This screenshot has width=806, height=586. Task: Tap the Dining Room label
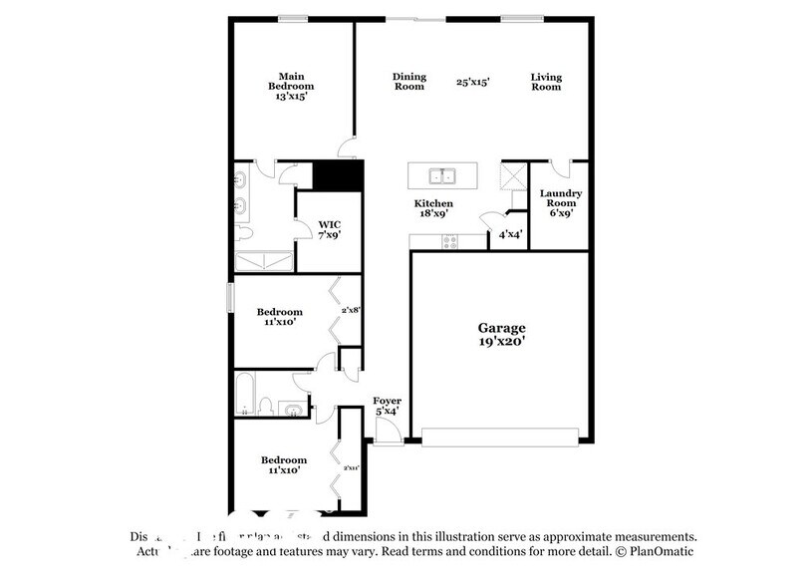[408, 81]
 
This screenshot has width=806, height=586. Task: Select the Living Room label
[545, 81]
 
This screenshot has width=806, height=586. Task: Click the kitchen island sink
[442, 177]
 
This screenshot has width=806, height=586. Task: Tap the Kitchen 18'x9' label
[433, 209]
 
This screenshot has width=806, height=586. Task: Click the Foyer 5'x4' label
[387, 406]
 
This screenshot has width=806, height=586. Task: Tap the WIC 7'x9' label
[329, 230]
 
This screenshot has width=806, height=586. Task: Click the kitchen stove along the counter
[449, 239]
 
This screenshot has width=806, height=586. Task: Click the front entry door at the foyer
[388, 432]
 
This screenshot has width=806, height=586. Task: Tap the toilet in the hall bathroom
[266, 406]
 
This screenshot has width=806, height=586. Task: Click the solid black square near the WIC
[336, 176]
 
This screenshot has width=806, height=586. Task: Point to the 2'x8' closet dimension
[350, 311]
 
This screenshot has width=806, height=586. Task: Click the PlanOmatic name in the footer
[660, 551]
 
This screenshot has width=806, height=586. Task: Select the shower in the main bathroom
[263, 261]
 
